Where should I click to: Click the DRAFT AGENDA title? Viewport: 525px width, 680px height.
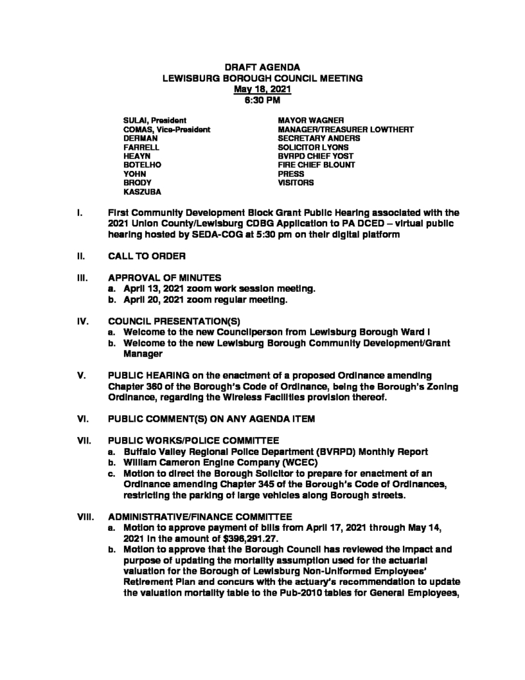262,68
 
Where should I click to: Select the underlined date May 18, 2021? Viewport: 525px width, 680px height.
262,89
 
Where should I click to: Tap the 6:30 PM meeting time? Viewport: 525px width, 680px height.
262,100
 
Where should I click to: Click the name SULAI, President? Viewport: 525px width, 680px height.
150,120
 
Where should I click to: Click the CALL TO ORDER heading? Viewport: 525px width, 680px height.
146,255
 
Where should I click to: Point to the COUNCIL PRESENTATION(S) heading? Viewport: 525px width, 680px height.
163,323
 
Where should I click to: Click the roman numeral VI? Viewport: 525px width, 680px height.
82,418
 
